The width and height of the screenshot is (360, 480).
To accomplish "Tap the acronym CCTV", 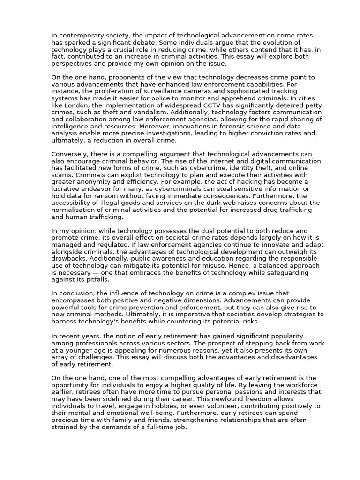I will point(202,106).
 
